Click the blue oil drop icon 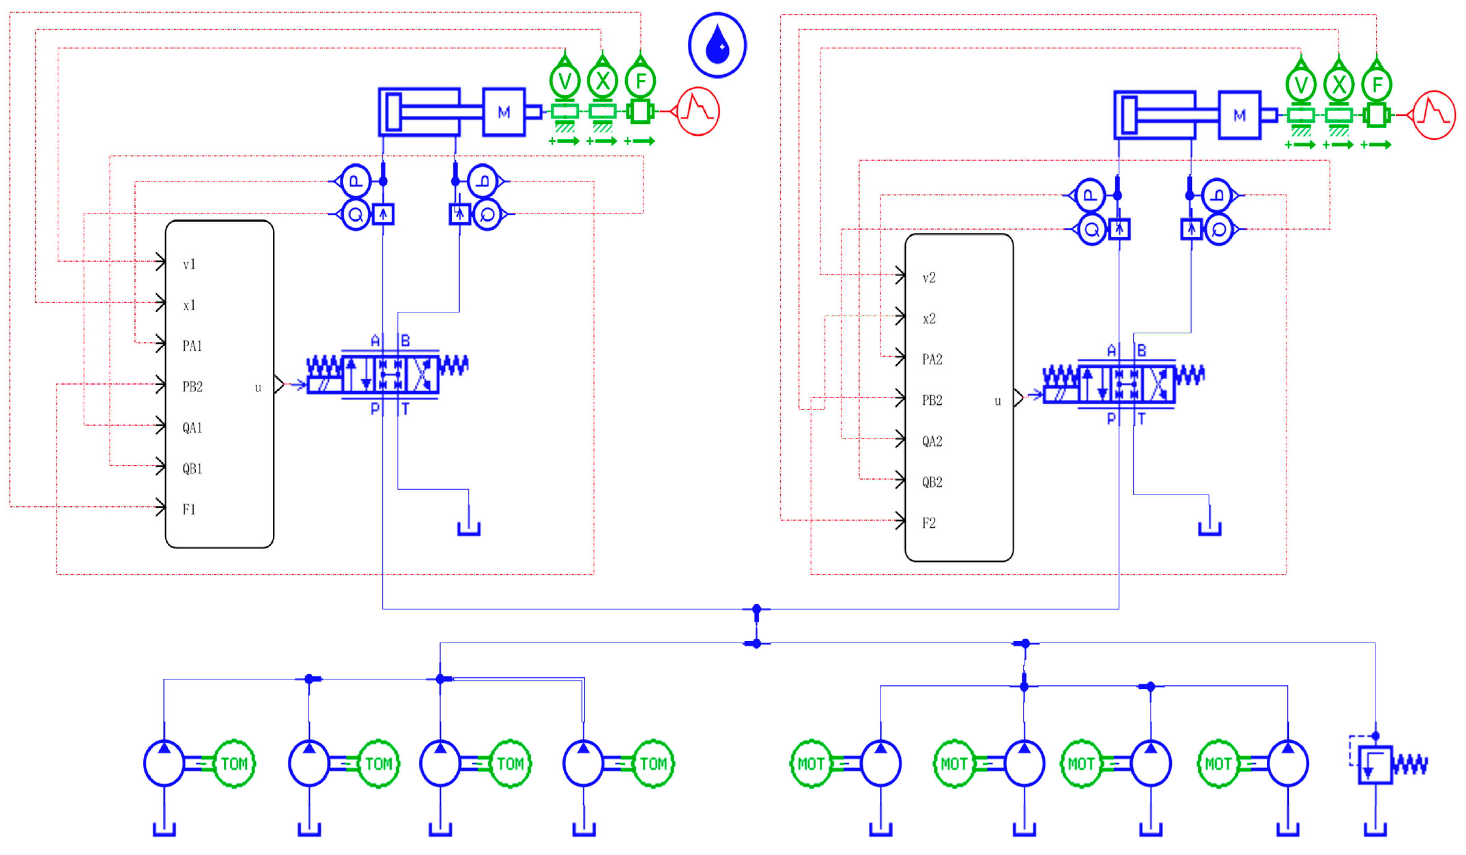[717, 45]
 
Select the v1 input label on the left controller [189, 265]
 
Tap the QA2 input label [931, 441]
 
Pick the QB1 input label [192, 469]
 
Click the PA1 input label [192, 346]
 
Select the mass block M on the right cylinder [1239, 115]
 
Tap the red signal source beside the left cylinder [698, 111]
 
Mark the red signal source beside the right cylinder [1434, 115]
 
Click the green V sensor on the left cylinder [564, 81]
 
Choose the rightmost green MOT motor [1218, 764]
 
